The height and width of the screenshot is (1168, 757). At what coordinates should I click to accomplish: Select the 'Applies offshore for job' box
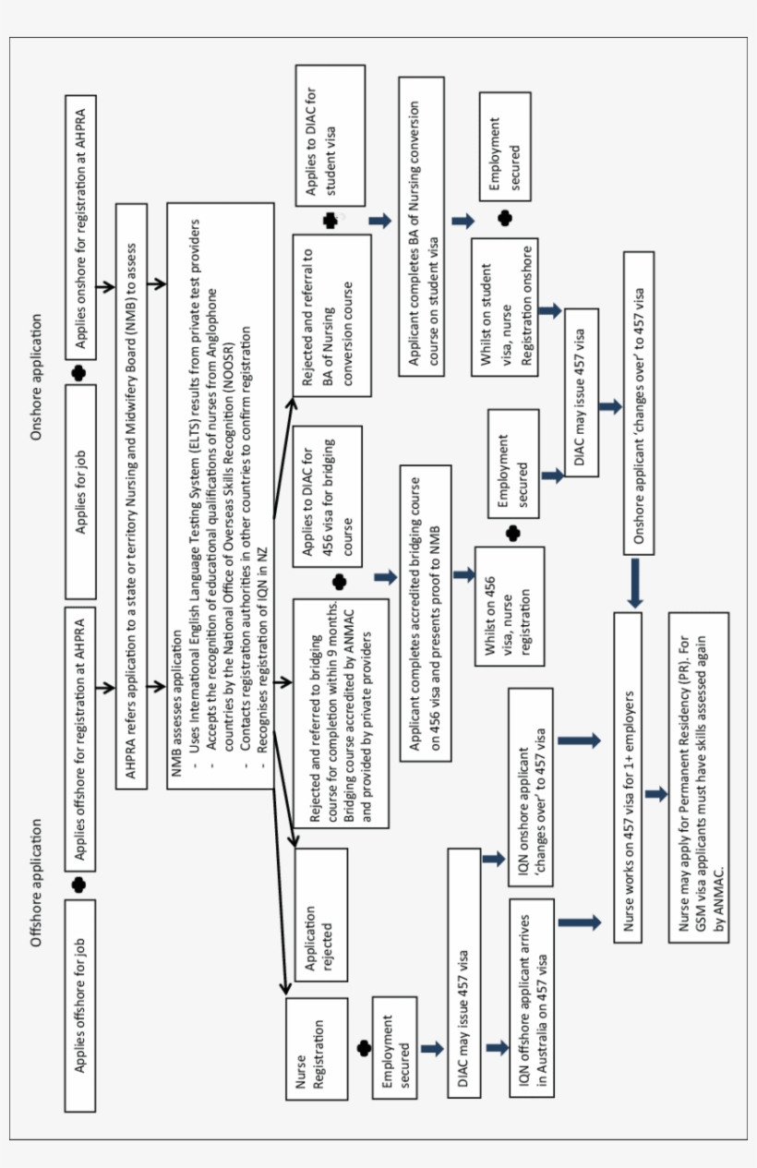coord(80,1005)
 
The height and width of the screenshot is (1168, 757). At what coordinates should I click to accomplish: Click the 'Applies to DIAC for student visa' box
coord(330,136)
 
